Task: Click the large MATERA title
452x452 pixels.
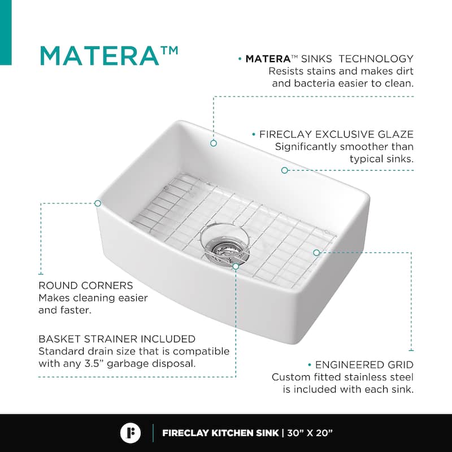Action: [x=99, y=56]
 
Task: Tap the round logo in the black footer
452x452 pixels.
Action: [x=131, y=433]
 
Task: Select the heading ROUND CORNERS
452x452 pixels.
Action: [x=86, y=286]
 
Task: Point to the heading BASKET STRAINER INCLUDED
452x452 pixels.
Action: [x=117, y=339]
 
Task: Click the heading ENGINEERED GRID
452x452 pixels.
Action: [x=364, y=365]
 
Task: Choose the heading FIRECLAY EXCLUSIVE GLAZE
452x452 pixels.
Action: [x=336, y=134]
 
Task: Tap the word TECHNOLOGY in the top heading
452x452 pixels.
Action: [x=376, y=59]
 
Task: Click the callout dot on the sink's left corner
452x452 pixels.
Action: [x=98, y=203]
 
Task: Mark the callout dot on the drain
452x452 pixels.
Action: [x=236, y=266]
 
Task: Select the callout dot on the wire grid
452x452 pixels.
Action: [x=316, y=253]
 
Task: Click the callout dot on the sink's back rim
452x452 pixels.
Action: [x=214, y=143]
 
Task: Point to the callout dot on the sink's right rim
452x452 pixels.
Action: [x=285, y=171]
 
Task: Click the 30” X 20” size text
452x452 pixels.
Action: [x=310, y=433]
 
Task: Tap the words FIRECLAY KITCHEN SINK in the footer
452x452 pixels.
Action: [x=220, y=433]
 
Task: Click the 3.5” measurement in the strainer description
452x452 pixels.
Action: [x=94, y=363]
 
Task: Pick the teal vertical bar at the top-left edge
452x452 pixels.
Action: [x=6, y=32]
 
